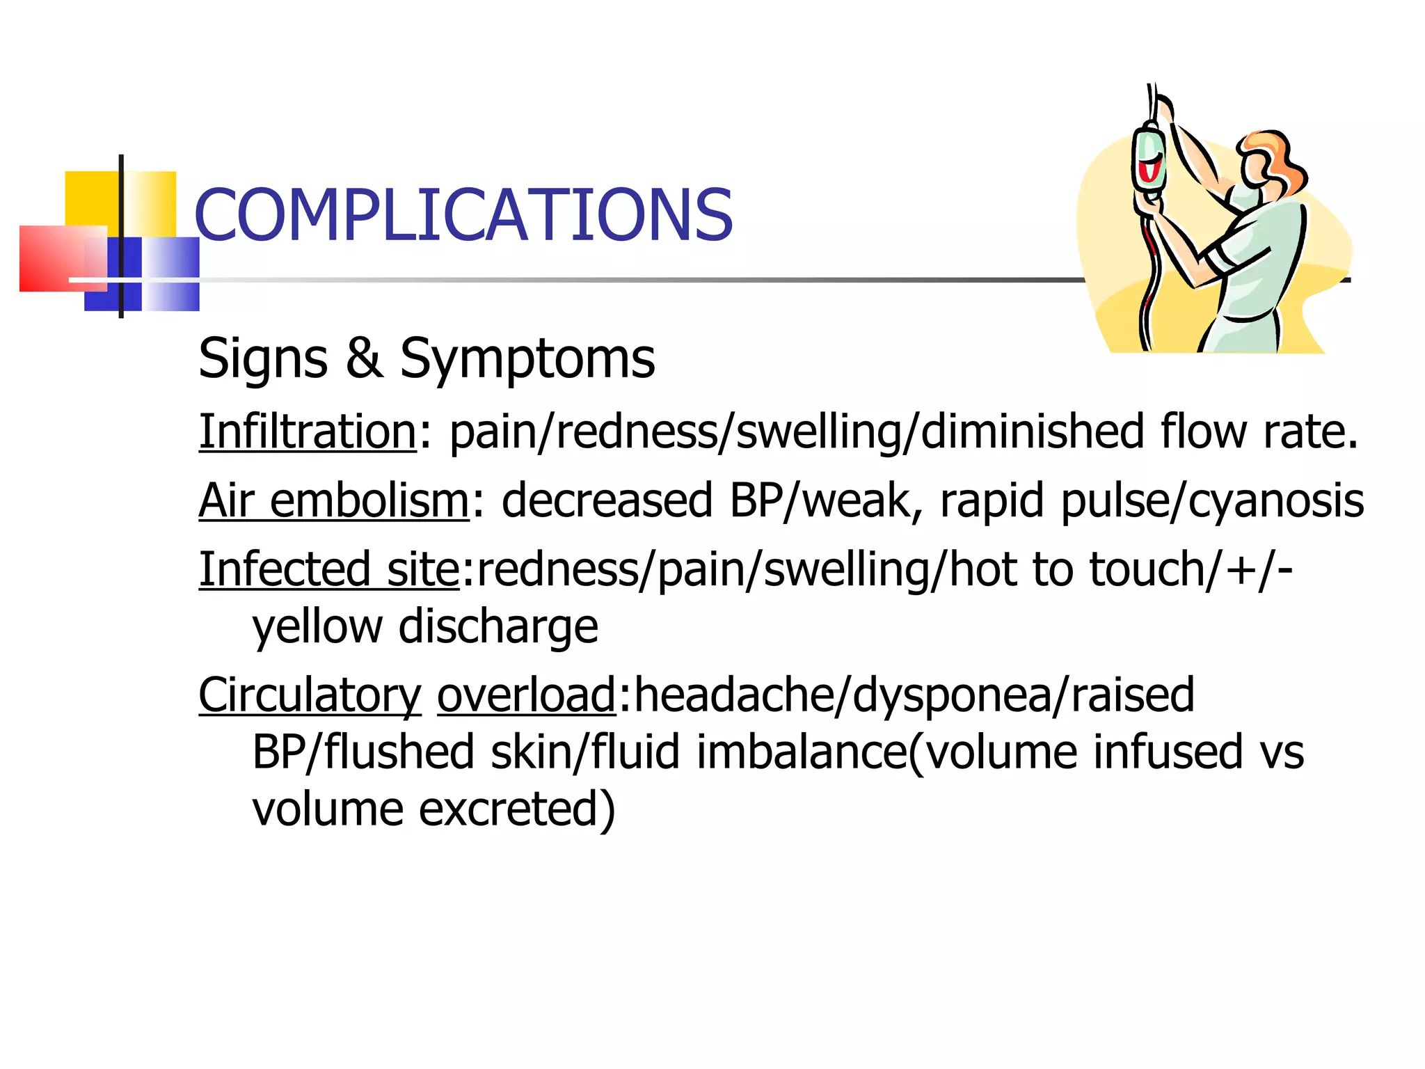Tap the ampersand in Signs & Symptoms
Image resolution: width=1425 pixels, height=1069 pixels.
click(364, 358)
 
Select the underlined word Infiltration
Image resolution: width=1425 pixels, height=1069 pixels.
click(308, 431)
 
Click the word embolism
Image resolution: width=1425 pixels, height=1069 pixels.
click(369, 500)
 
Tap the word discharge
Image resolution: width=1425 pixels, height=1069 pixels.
click(498, 626)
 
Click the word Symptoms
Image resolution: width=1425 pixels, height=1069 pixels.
click(527, 359)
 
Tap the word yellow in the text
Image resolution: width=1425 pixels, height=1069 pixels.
click(317, 627)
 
